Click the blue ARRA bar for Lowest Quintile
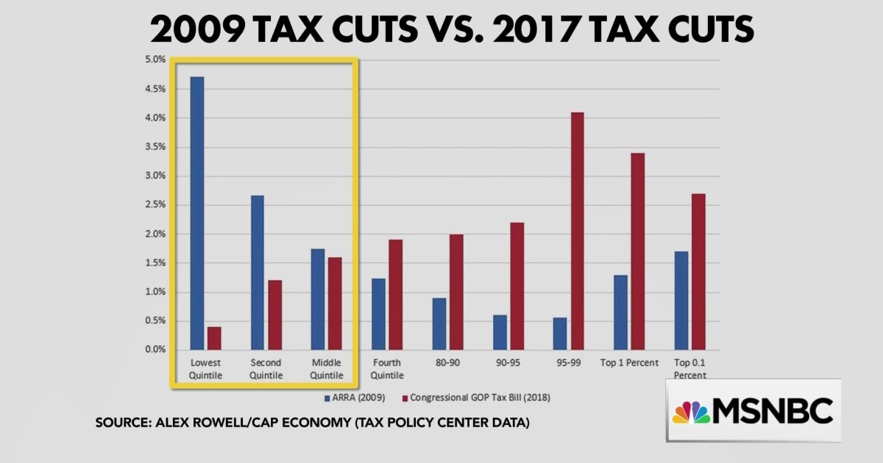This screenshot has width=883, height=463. point(196,213)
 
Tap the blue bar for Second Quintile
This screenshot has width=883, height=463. point(258,273)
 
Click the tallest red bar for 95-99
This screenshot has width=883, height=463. point(577,231)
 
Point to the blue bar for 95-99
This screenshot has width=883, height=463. point(559,334)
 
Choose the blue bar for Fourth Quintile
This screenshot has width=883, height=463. point(378,314)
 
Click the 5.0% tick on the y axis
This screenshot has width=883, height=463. point(155,60)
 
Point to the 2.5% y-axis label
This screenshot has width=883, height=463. point(155,205)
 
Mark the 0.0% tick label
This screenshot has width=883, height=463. point(155,350)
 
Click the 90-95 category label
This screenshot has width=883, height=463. point(508,363)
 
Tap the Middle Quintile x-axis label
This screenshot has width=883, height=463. point(326,369)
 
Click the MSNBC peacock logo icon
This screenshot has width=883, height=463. point(691,412)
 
